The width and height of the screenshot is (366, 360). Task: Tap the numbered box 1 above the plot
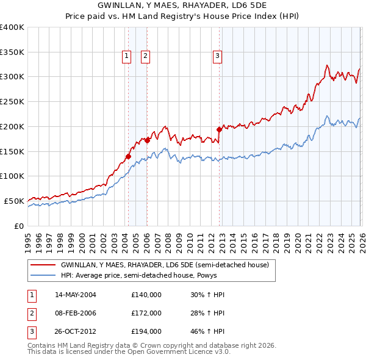pos(126,56)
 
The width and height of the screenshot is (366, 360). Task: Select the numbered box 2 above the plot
pos(145,56)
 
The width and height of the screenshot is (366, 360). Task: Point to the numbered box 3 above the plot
pos(217,56)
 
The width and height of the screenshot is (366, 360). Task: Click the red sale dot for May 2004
pos(128,156)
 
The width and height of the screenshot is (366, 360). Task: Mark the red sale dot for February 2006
pos(147,140)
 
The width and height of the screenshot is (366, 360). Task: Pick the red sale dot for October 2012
pos(219,129)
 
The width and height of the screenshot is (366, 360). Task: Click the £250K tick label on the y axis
pos(12,101)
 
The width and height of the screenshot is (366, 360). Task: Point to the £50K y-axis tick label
pos(14,201)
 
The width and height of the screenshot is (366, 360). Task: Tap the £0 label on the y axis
pos(19,226)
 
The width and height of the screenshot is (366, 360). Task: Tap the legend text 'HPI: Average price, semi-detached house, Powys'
pos(138,275)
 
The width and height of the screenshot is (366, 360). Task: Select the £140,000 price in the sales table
pos(146,295)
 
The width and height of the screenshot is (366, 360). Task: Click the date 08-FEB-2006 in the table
pos(76,313)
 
